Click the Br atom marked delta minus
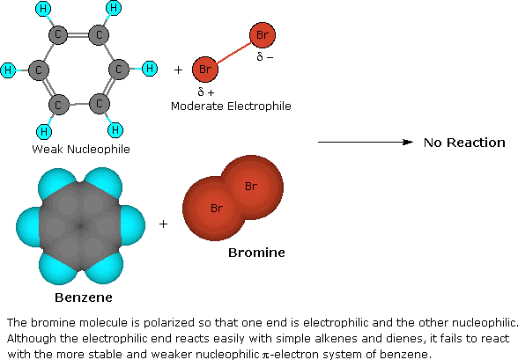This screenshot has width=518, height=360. point(263,35)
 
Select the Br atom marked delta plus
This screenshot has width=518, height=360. point(206,68)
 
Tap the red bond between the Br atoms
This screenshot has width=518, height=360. point(234,52)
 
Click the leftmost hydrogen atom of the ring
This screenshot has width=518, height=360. point(8,69)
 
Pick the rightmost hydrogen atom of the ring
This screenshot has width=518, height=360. point(149,68)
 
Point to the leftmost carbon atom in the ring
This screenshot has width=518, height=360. point(38,69)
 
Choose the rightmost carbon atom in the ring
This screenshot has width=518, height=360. point(119,69)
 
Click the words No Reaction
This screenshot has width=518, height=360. point(464,143)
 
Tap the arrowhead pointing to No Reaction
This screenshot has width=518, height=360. point(409,143)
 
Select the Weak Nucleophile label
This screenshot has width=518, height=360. point(80,149)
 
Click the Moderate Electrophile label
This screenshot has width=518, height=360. point(231,107)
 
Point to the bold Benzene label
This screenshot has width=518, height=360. point(82,298)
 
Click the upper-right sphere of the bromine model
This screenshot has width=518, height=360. point(251,186)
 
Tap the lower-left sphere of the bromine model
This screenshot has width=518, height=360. point(215,208)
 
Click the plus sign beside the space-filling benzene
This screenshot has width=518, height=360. point(163,224)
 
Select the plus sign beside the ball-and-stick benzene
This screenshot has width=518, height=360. point(179,69)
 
